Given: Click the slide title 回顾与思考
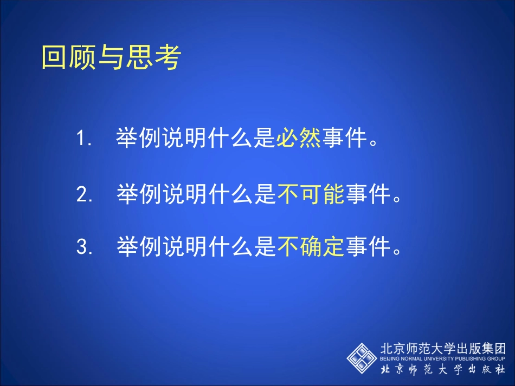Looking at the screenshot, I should coord(111,57).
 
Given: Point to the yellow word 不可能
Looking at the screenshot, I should coord(311,193).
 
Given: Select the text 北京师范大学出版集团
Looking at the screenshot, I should coord(443,348).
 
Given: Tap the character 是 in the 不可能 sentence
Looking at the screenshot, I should coord(265,193).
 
